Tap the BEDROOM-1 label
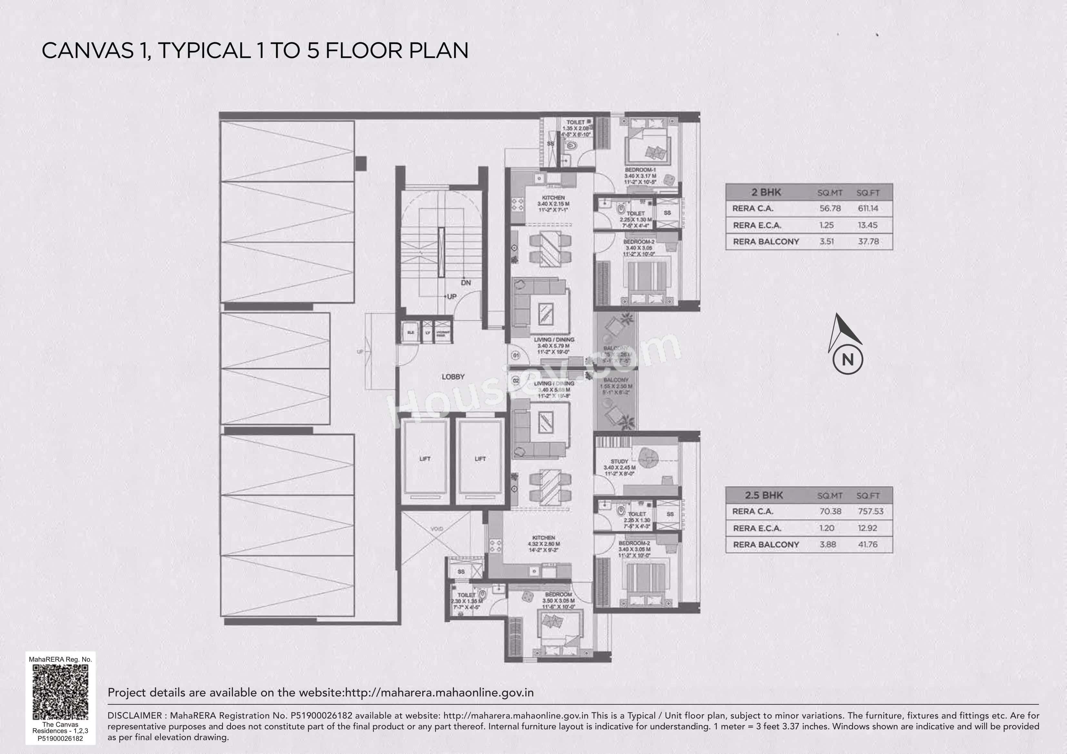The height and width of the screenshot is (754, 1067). (640, 170)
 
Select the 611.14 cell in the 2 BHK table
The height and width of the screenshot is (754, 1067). (868, 209)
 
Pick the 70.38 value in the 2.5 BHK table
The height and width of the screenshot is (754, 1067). (830, 512)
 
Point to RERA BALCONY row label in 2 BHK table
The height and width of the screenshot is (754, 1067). (766, 241)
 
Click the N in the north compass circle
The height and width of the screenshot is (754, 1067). (847, 359)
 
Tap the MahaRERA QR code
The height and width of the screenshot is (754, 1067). (60, 692)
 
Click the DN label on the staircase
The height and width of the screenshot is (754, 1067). (466, 282)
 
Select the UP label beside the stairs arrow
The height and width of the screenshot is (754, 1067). (451, 296)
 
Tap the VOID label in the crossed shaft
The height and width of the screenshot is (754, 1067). (436, 529)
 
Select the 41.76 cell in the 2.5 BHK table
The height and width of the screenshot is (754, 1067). (867, 544)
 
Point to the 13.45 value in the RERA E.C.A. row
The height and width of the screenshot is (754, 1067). (867, 225)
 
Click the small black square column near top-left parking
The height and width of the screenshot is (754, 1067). (361, 163)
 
